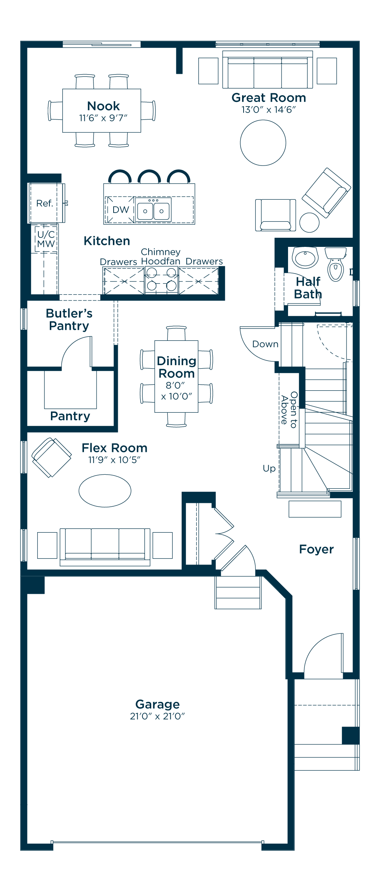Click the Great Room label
click(x=269, y=98)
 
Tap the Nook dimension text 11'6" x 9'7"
click(x=103, y=118)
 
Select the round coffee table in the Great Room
click(x=263, y=143)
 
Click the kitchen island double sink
click(x=154, y=210)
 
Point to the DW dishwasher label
click(x=121, y=210)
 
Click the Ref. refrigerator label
click(x=44, y=204)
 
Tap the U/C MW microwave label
click(x=46, y=239)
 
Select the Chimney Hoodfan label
click(x=161, y=256)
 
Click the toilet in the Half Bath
click(x=336, y=264)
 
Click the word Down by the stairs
click(x=265, y=344)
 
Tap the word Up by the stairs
click(x=269, y=469)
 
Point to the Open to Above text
click(x=289, y=410)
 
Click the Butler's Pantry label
click(x=69, y=320)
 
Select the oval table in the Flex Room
click(x=105, y=491)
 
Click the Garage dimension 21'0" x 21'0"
click(x=157, y=716)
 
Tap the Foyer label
click(x=316, y=549)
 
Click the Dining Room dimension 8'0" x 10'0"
click(x=176, y=391)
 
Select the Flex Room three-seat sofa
click(x=105, y=547)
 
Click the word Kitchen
click(x=107, y=241)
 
